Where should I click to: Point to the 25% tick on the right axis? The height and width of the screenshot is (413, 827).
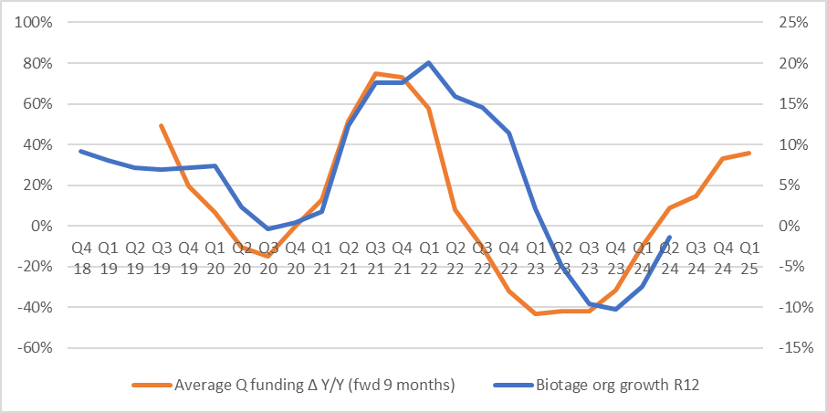[792, 22]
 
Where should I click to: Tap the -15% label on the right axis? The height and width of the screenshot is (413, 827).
[790, 348]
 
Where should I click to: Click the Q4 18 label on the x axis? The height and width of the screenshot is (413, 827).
[81, 255]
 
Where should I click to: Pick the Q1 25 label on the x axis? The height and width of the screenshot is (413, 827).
[749, 255]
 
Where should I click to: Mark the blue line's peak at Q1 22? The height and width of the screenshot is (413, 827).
[428, 62]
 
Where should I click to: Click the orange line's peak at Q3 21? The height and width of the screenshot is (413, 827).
[375, 73]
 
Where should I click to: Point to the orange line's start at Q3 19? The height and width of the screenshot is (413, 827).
[161, 125]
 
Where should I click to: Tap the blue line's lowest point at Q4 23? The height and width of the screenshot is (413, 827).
[616, 309]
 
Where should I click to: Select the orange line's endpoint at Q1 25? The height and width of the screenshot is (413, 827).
[749, 153]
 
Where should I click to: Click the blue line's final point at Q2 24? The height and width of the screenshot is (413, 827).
[670, 237]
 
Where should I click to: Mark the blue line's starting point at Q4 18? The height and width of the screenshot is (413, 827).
[81, 151]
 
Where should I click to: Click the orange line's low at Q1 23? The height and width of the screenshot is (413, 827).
[536, 313]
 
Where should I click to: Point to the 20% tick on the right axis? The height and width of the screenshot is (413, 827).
[792, 63]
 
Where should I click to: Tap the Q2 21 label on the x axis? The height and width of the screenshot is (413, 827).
[349, 255]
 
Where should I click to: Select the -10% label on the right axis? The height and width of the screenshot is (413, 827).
[790, 307]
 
